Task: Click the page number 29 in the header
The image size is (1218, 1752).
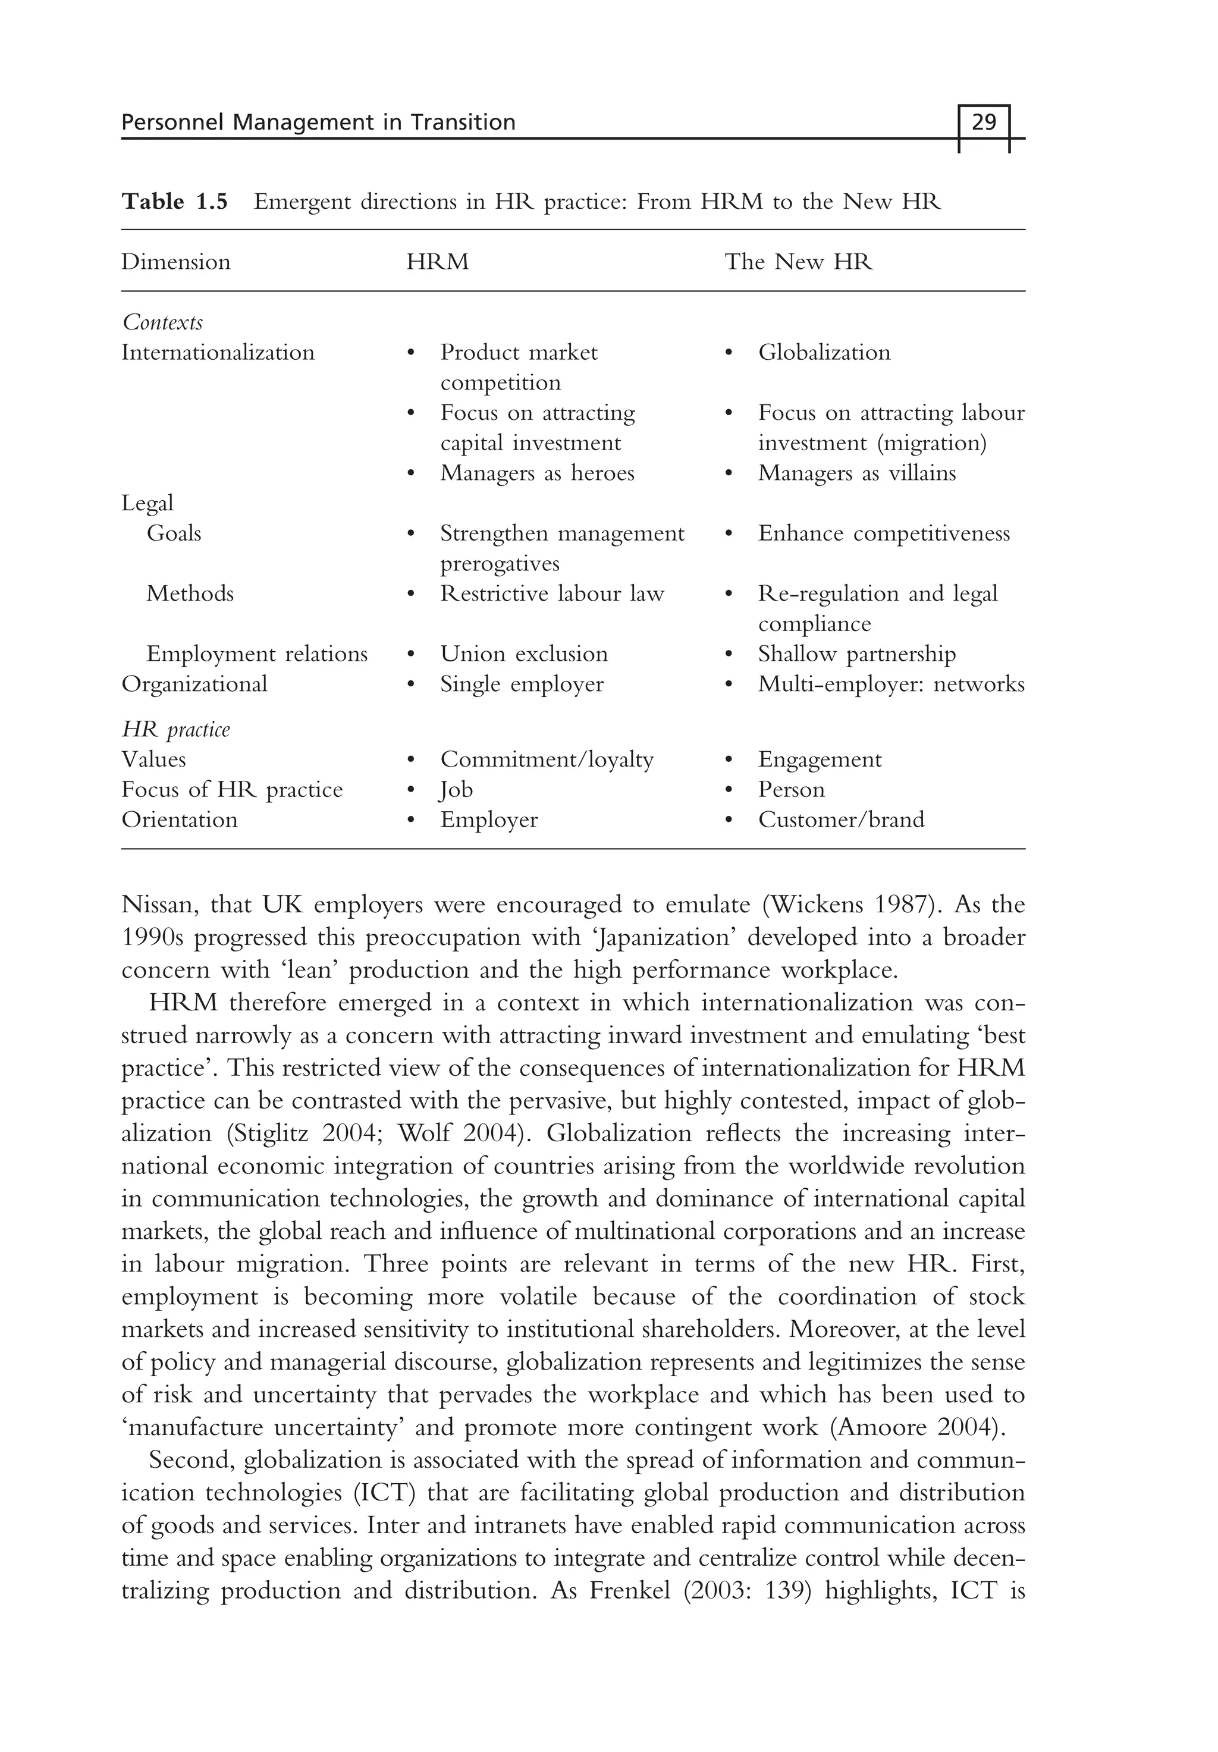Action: [984, 122]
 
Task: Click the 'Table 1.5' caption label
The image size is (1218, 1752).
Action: [175, 202]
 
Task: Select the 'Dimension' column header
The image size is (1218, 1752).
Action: [175, 262]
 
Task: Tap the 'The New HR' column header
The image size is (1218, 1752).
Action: [798, 262]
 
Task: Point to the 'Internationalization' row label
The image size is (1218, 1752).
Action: [218, 353]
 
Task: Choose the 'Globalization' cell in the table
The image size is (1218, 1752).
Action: [824, 353]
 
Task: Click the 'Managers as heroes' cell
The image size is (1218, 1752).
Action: [536, 473]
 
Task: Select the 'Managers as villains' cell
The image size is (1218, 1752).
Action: [856, 473]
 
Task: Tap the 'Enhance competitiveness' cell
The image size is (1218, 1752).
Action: [883, 533]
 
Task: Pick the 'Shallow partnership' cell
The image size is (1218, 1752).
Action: [856, 654]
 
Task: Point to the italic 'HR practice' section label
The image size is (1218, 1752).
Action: [175, 730]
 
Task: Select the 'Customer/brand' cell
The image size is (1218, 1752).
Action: [840, 820]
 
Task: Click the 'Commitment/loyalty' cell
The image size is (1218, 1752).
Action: [547, 759]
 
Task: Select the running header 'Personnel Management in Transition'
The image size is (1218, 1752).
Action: [318, 122]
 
